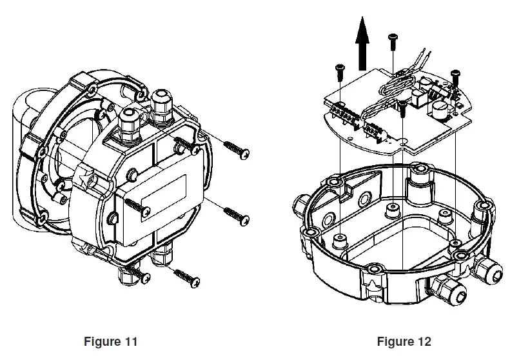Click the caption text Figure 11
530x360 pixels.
coord(110,341)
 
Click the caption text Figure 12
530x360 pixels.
coord(404,341)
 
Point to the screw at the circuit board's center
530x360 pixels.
coord(402,109)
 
